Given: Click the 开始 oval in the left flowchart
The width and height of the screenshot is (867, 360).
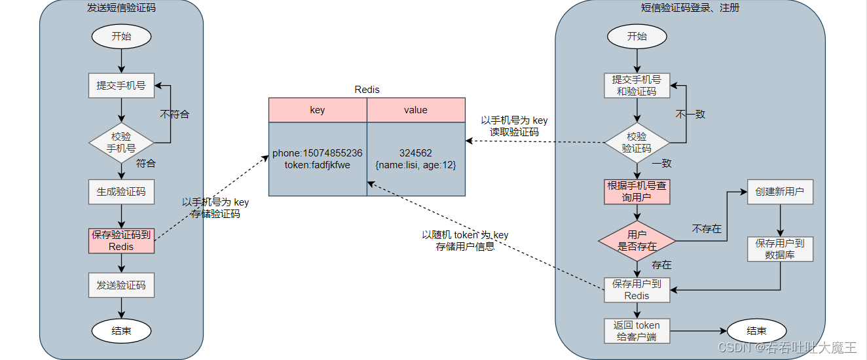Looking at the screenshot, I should click(x=121, y=36).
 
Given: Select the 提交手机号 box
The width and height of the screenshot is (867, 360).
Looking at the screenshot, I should click(x=121, y=86).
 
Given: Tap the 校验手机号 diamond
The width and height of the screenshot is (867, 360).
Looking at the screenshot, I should click(x=121, y=142).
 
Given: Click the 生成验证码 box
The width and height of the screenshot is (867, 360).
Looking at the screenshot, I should click(x=121, y=192).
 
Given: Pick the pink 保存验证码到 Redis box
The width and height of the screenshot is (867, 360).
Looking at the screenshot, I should click(x=121, y=241).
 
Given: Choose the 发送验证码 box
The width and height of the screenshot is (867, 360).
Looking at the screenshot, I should click(x=121, y=285).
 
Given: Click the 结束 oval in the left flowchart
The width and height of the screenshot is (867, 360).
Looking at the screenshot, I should click(x=121, y=331).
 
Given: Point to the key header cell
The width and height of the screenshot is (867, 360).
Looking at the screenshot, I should click(x=318, y=110).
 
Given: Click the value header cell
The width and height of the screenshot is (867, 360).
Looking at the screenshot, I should click(x=416, y=110).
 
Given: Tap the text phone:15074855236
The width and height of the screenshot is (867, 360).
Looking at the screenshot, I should click(x=318, y=153).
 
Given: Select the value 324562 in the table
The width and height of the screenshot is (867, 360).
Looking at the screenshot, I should click(x=416, y=153).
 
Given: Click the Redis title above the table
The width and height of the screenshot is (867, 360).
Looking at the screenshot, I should click(x=367, y=90).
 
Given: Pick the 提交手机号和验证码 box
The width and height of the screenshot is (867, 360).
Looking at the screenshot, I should click(x=636, y=86).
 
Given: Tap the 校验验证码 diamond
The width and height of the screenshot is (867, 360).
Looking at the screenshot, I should click(x=636, y=142).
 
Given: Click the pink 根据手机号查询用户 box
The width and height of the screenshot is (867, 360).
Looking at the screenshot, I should click(x=636, y=192).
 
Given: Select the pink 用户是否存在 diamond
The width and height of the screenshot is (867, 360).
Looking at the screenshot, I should click(x=636, y=240).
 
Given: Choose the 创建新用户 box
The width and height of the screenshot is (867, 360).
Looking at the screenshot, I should click(x=779, y=192).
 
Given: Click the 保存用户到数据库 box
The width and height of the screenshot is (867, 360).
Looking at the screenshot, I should click(x=779, y=249).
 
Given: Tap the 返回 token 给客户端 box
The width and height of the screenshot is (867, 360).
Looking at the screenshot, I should click(x=636, y=331).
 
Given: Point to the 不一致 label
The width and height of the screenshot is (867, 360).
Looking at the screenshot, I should click(x=690, y=114).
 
